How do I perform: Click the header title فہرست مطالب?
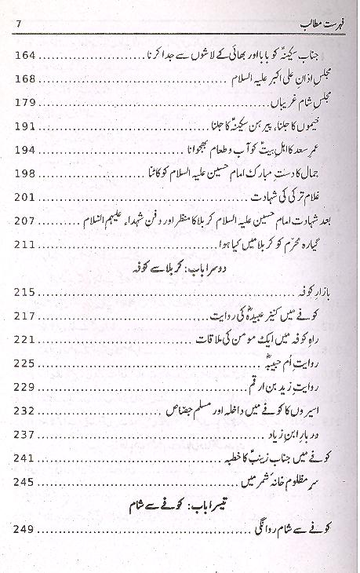313,26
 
